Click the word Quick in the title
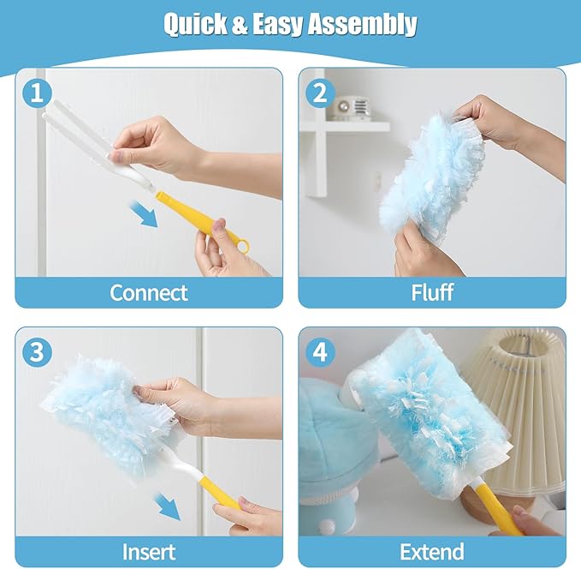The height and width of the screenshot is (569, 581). (196, 25)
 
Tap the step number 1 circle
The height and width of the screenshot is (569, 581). (36, 93)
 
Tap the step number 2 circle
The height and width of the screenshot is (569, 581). (319, 93)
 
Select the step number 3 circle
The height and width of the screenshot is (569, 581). (36, 352)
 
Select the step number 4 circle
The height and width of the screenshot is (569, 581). (319, 352)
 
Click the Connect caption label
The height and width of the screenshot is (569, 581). (149, 292)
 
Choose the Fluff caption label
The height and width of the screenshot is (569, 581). (431, 292)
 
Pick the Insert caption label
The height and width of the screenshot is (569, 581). (149, 551)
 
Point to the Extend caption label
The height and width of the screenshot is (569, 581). (431, 551)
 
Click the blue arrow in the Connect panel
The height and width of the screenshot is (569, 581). (144, 213)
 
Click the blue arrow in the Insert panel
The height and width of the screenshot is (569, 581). (167, 506)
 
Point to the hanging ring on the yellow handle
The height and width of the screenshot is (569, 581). (241, 246)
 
